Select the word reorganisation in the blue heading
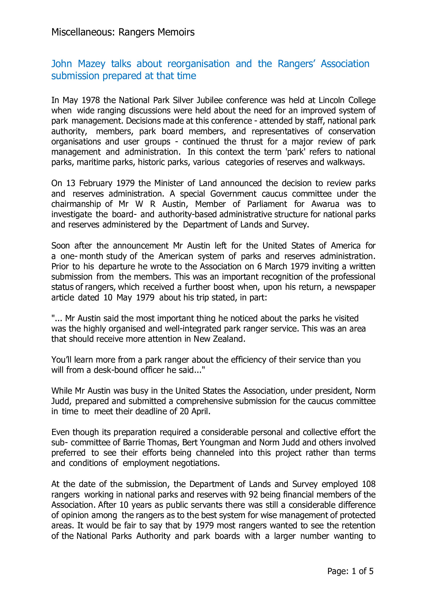(198, 64)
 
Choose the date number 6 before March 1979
(259, 266)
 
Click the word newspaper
(355, 287)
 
